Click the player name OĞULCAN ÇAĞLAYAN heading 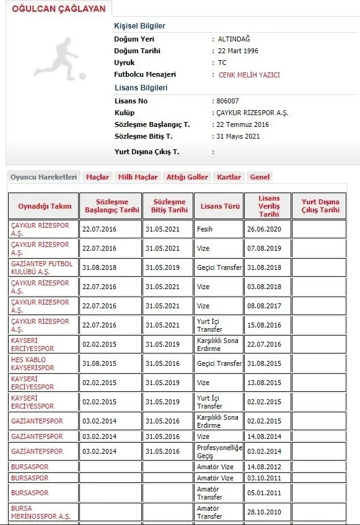pyautogui.click(x=59, y=9)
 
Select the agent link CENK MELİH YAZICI pyautogui.click(x=249, y=75)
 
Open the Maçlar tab pyautogui.click(x=97, y=177)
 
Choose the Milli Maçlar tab pyautogui.click(x=138, y=177)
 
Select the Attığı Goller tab pyautogui.click(x=187, y=177)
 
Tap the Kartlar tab pyautogui.click(x=229, y=177)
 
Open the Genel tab pyautogui.click(x=260, y=177)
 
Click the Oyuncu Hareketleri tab pyautogui.click(x=44, y=177)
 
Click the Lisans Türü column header pyautogui.click(x=218, y=206)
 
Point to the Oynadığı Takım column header pyautogui.click(x=44, y=206)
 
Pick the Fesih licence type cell pyautogui.click(x=204, y=229)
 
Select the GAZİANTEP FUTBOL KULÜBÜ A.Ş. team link pyautogui.click(x=42, y=267)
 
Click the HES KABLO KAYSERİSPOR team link pyautogui.click(x=32, y=363)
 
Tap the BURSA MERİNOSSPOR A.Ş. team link pyautogui.click(x=40, y=512)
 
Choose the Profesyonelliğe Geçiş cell pyautogui.click(x=217, y=451)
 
